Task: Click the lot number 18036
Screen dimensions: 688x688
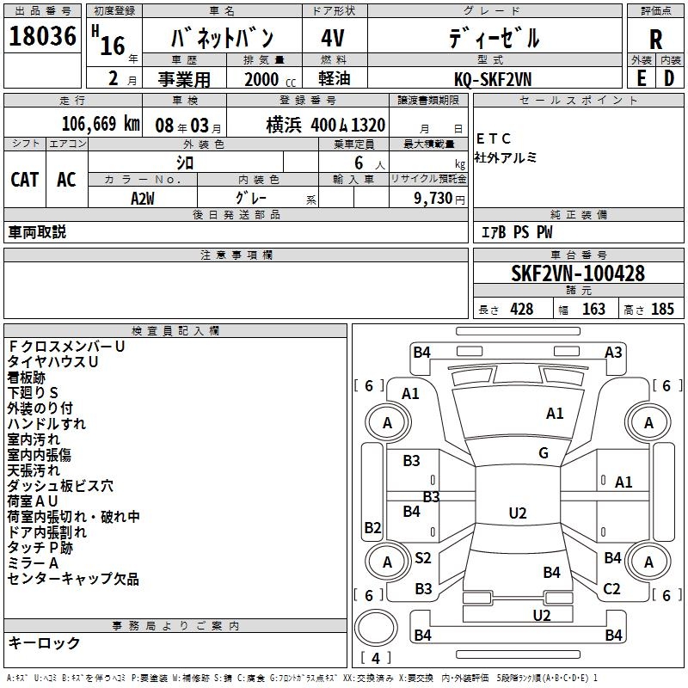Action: point(42,38)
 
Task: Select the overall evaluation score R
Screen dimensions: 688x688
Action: point(655,39)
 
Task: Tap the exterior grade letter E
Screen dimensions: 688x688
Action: point(641,77)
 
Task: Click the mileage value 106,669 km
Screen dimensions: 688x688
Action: point(101,124)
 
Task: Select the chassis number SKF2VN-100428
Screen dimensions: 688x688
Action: point(577,273)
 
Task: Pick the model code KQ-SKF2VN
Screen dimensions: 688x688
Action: point(494,77)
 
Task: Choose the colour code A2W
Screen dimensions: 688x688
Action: point(144,198)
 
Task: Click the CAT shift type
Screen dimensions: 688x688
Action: point(24,179)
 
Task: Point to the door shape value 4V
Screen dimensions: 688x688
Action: point(334,39)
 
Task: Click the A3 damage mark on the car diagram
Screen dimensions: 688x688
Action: point(613,352)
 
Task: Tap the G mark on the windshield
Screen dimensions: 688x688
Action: point(544,453)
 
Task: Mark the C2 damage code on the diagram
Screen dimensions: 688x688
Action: point(611,589)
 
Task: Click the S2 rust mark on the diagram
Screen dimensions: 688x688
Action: point(423,558)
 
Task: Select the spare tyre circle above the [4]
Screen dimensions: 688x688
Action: point(374,627)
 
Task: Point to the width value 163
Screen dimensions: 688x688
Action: point(593,310)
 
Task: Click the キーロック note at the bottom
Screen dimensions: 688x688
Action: point(44,642)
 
